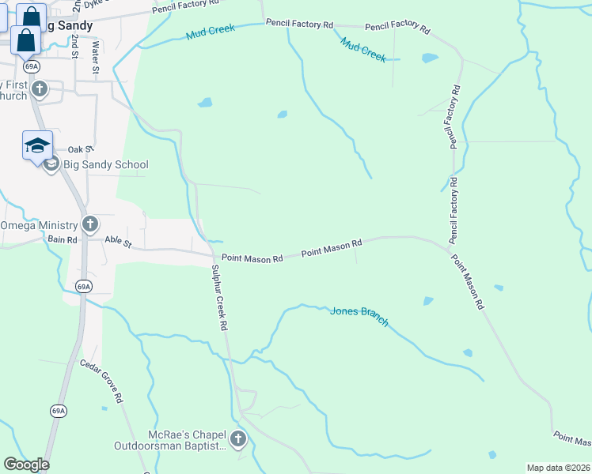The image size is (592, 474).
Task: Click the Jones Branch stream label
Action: (x=359, y=315)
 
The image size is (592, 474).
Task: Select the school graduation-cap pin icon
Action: (x=37, y=145)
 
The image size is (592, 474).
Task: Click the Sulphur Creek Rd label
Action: (x=219, y=297)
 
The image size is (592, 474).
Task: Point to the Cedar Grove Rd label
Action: (x=101, y=382)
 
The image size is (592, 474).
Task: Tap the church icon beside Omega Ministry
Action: (x=90, y=224)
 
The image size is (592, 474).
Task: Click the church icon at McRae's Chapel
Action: (x=237, y=438)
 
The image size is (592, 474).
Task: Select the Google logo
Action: (x=26, y=465)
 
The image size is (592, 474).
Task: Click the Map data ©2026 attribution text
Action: (x=558, y=468)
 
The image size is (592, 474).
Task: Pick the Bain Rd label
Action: (x=62, y=239)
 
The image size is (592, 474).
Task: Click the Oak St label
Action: (x=81, y=149)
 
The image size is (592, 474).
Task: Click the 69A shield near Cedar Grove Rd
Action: (x=58, y=411)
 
